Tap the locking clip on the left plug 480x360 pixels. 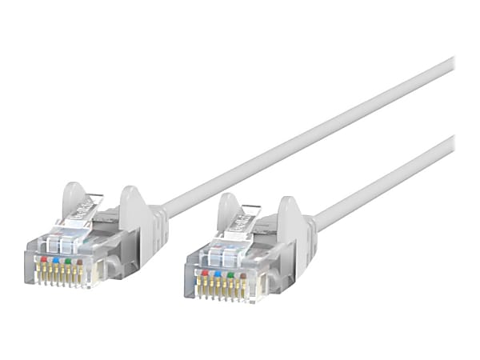89,204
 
